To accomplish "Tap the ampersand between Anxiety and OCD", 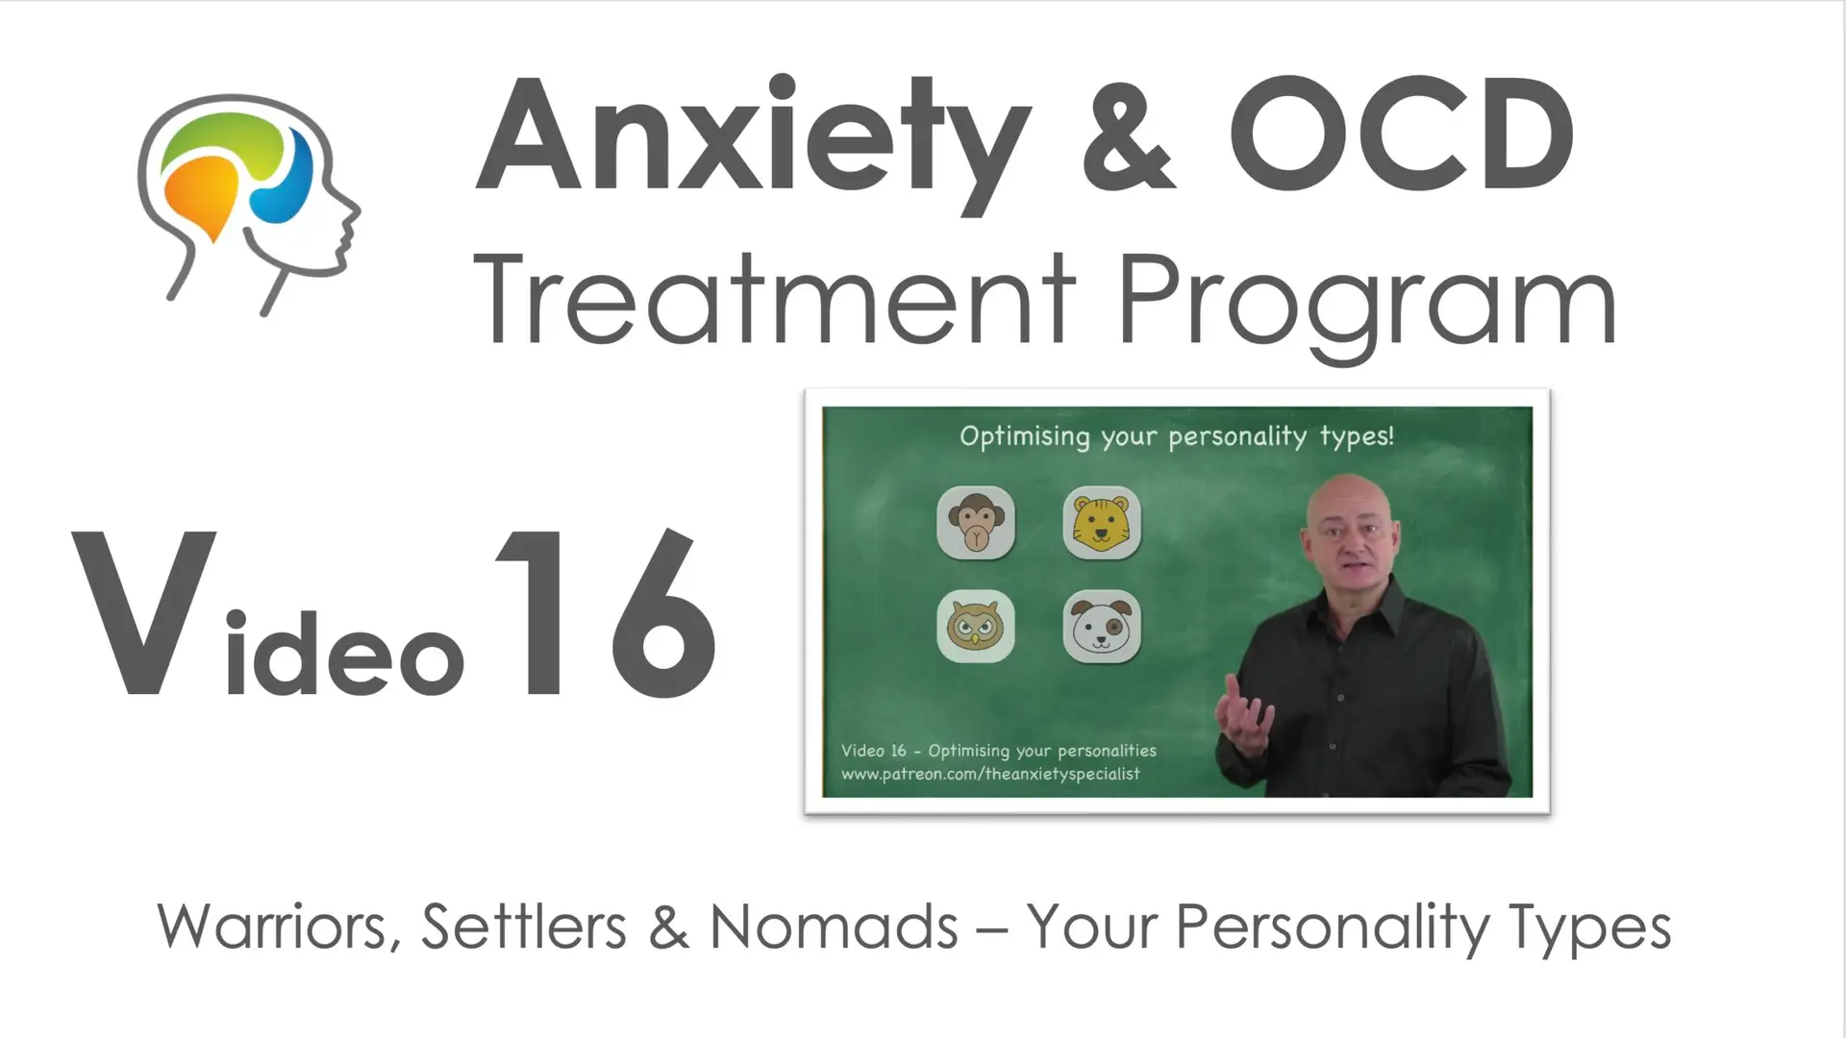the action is pyautogui.click(x=1128, y=135).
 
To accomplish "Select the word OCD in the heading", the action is pyautogui.click(x=1402, y=135).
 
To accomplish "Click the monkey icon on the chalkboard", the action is pyautogui.click(x=976, y=523).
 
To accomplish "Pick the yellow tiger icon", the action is pyautogui.click(x=1102, y=523).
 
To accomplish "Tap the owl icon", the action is pyautogui.click(x=976, y=627).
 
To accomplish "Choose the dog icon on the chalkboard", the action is pyautogui.click(x=1102, y=627).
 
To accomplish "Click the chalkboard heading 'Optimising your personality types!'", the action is pyautogui.click(x=1177, y=437).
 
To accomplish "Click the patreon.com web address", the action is pyautogui.click(x=990, y=774).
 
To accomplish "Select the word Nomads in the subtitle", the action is pyautogui.click(x=834, y=927).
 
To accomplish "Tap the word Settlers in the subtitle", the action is pyautogui.click(x=524, y=927).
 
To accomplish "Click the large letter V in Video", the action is pyautogui.click(x=144, y=611).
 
